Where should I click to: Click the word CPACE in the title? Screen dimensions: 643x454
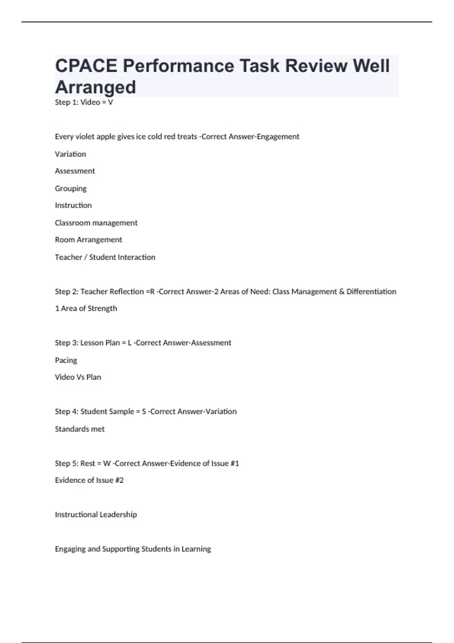point(86,66)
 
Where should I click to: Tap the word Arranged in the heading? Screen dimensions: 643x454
point(96,87)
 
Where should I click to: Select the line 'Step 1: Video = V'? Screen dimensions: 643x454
point(84,102)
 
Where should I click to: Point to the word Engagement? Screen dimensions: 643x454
point(278,137)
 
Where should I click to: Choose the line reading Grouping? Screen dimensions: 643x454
point(71,188)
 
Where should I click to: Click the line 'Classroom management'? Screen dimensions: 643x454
point(96,223)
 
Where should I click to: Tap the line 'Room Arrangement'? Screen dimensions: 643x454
point(89,240)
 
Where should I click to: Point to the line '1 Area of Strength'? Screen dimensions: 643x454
point(86,309)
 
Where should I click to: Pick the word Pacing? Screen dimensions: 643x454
point(66,360)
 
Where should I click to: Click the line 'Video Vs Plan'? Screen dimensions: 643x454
point(78,377)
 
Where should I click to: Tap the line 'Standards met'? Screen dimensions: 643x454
point(80,429)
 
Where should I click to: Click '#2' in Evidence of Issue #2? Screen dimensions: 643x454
point(119,480)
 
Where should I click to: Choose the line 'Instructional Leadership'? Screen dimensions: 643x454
point(96,515)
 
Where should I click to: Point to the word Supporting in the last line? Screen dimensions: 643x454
point(121,549)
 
